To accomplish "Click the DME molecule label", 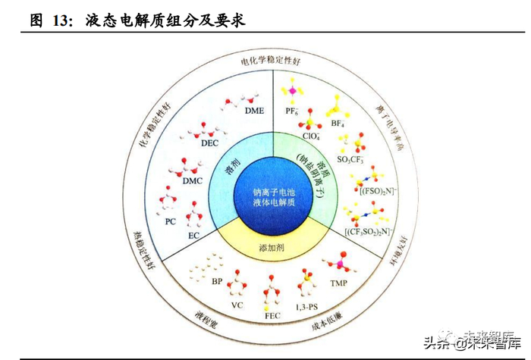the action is pos(254,111).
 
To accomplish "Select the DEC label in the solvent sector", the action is pos(209,142).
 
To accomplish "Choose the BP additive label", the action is pos(217,281).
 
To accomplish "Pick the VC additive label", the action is pos(237,305).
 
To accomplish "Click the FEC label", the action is pos(273,314).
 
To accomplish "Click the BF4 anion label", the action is pos(338,121).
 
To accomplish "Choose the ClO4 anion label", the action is pos(311,136).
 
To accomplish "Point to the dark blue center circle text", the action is pos(273,199).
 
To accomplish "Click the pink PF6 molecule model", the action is pos(289,92).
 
